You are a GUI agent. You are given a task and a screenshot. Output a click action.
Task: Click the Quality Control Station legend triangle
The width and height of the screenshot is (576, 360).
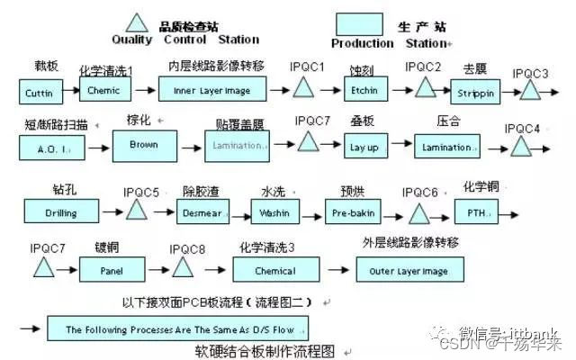pyautogui.click(x=136, y=22)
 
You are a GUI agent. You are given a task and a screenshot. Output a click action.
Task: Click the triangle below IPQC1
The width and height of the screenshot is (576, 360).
pyautogui.click(x=303, y=88)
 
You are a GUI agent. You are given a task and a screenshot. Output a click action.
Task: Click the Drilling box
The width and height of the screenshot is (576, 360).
pyautogui.click(x=60, y=211)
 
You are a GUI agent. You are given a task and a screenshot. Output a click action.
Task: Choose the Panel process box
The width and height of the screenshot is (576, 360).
pyautogui.click(x=110, y=267)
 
